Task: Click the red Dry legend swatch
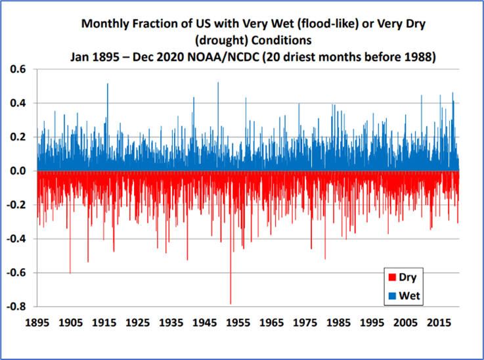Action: click(393, 277)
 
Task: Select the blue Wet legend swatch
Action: click(393, 296)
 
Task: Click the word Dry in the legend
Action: click(408, 277)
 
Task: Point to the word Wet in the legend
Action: click(410, 296)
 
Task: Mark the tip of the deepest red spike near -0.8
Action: click(231, 304)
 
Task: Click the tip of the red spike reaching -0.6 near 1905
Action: click(70, 272)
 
